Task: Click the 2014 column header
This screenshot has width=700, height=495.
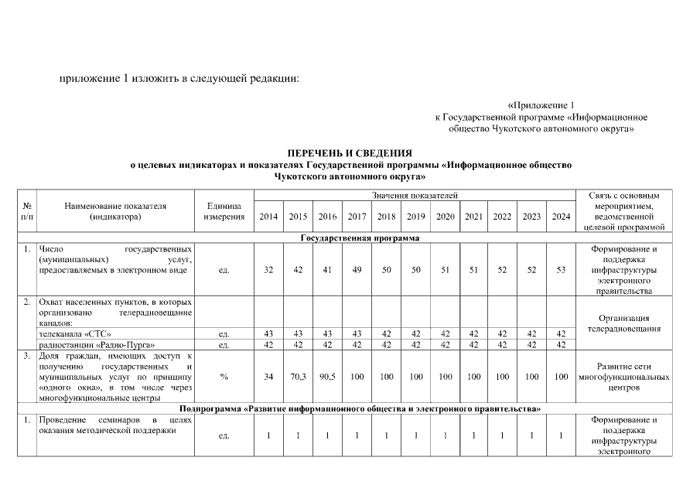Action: [268, 217]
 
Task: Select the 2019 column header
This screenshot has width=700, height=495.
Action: [415, 217]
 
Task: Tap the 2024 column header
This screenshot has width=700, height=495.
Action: [561, 217]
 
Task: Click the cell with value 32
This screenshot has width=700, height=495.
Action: [268, 271]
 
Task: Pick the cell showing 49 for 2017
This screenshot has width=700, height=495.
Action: [357, 271]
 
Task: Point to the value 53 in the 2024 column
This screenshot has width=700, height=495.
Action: [561, 271]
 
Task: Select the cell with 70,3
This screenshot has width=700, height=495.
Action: [298, 377]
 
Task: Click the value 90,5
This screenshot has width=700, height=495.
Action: [327, 377]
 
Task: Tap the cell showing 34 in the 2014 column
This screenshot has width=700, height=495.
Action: [268, 377]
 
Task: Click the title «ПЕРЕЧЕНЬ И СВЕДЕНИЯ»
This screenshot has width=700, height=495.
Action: [350, 153]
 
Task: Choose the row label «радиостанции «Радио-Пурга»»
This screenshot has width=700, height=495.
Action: [87, 345]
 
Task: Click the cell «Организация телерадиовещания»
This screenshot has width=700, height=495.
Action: [623, 323]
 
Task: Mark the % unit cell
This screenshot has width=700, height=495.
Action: [224, 377]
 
